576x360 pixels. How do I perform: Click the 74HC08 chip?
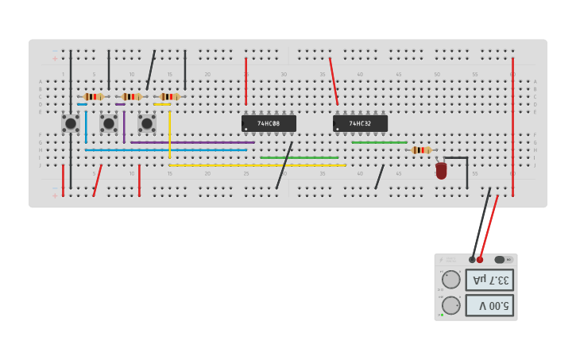click(269, 123)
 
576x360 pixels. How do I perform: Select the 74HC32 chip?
click(360, 123)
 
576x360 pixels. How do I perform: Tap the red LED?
click(441, 170)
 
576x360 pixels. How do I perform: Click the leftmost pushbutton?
click(71, 123)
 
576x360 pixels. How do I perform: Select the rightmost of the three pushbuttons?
click(147, 123)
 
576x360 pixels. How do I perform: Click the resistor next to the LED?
click(421, 150)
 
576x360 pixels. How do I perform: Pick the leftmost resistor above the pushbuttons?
click(94, 96)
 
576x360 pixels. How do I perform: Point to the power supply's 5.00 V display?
click(489, 305)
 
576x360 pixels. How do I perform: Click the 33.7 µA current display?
click(489, 280)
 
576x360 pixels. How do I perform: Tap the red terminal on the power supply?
click(480, 260)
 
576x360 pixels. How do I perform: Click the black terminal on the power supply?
click(472, 260)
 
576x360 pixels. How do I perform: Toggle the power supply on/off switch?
click(504, 260)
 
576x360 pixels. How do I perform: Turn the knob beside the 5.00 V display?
click(451, 305)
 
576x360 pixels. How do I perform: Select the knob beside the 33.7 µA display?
click(451, 280)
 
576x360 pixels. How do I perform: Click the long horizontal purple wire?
click(191, 142)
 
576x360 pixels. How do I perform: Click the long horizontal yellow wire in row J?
click(257, 165)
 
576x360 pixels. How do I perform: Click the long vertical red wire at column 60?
click(512, 127)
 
